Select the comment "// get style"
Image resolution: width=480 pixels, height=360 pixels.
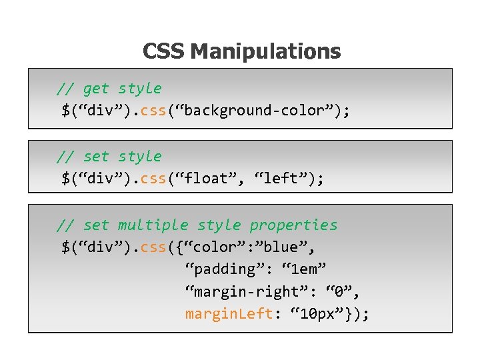109,89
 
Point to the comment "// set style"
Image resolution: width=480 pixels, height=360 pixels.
109,157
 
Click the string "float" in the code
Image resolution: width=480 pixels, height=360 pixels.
210,179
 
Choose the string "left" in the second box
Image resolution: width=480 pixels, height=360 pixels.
280,179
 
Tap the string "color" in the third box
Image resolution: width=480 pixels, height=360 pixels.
214,247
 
